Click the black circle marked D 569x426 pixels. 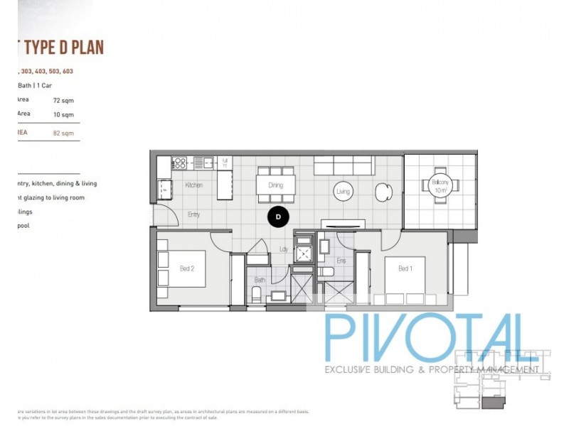[278, 216]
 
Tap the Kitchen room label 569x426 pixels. [193, 185]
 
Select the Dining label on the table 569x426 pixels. [275, 185]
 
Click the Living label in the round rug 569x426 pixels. [343, 191]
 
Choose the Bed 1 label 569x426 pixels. [405, 268]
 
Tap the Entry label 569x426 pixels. [193, 214]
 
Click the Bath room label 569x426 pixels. [260, 280]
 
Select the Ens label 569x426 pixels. [341, 261]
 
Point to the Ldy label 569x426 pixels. [283, 248]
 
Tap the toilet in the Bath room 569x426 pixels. [257, 295]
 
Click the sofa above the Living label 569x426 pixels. [344, 166]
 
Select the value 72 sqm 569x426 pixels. [63, 100]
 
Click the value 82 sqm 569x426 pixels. [63, 133]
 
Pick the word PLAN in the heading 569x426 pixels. [85, 48]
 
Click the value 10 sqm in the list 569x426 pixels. [63, 114]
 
